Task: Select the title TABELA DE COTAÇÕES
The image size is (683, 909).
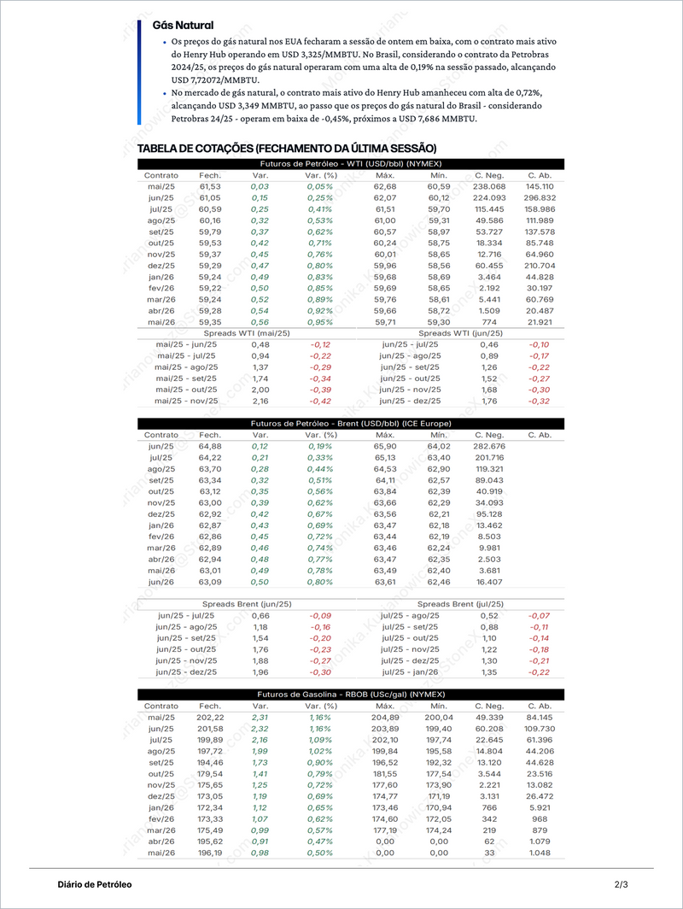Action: [287, 149]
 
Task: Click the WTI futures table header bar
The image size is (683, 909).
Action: [350, 163]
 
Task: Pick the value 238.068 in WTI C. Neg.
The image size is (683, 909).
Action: [489, 186]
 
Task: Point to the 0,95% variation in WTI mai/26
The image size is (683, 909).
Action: [319, 322]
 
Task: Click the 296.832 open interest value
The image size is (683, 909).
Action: [540, 197]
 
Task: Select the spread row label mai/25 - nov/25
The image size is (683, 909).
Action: [186, 401]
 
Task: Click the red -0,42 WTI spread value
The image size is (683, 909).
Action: [320, 401]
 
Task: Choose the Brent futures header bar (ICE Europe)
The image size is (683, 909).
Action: [350, 424]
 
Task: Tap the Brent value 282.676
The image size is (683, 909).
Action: [489, 446]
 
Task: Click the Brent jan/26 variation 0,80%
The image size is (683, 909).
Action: [319, 582]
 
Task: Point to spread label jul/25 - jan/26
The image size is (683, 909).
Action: [411, 672]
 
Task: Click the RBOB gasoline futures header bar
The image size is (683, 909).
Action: [350, 695]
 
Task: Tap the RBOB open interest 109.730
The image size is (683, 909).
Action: [540, 729]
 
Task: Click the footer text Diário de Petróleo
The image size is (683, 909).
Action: [95, 884]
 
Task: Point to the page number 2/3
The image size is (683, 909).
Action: [621, 884]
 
